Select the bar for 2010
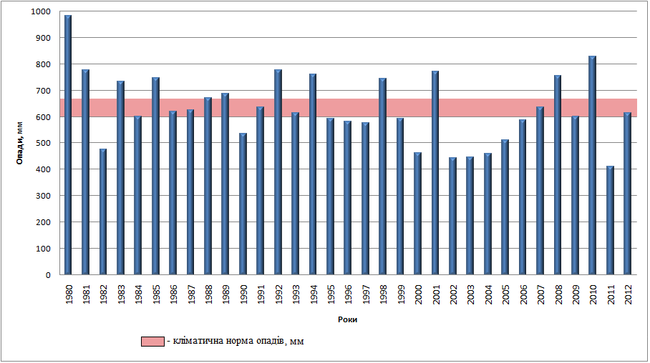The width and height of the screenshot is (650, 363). click(592, 165)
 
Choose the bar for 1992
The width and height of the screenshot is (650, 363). click(278, 172)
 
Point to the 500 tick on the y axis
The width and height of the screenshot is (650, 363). click(44, 144)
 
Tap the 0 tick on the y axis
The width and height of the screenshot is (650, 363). click(49, 275)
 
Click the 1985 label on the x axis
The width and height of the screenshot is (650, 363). click(156, 294)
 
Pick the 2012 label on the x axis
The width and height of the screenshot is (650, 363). click(628, 294)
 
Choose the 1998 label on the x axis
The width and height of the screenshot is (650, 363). click(383, 294)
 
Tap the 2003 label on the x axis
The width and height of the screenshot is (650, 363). click(470, 294)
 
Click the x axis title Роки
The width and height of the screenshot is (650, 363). click(347, 320)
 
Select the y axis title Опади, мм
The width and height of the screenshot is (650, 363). click(20, 144)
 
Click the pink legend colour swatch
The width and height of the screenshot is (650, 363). click(152, 342)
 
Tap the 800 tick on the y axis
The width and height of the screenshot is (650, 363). click(44, 64)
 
